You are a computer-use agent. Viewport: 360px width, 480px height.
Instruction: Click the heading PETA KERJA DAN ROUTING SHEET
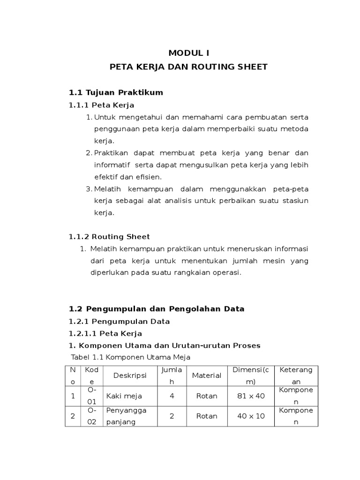[x=188, y=67]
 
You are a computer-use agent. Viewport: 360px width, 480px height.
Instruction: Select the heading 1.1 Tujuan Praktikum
[x=116, y=92]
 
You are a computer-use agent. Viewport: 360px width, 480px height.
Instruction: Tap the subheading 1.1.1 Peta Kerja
[x=101, y=105]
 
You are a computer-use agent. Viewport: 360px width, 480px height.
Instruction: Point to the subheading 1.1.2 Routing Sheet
[x=109, y=237]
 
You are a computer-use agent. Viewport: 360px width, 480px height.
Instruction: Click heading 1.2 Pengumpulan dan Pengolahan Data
[x=157, y=309]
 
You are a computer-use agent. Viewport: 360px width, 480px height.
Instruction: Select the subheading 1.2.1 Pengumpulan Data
[x=119, y=322]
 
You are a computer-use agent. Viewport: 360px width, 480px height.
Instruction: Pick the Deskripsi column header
[x=130, y=375]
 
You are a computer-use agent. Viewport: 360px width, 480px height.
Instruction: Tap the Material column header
[x=206, y=375]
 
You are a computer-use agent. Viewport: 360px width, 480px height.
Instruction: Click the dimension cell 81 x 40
[x=251, y=396]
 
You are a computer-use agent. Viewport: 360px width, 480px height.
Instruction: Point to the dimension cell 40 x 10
[x=251, y=416]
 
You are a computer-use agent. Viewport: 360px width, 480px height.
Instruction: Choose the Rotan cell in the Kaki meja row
[x=206, y=396]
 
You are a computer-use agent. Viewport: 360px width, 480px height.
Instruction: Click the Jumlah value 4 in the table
[x=172, y=396]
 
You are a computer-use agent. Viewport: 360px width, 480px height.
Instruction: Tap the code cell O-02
[x=92, y=416]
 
